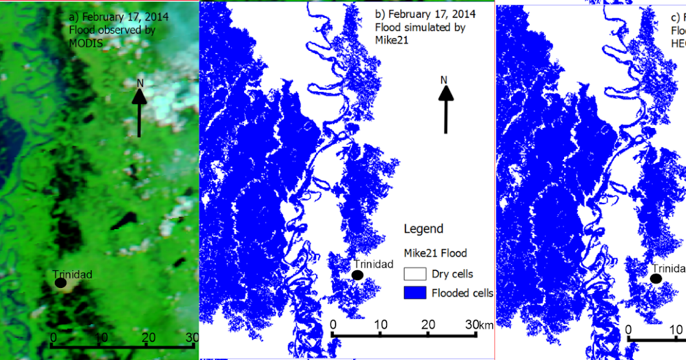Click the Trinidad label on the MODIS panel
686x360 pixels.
pyautogui.click(x=72, y=274)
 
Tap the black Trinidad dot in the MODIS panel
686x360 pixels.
pyautogui.click(x=61, y=282)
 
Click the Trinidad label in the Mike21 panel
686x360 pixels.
pyautogui.click(x=373, y=264)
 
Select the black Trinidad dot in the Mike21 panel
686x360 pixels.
pyautogui.click(x=358, y=275)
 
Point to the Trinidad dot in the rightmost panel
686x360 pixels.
pyautogui.click(x=656, y=278)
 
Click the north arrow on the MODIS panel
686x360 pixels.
pyautogui.click(x=139, y=111)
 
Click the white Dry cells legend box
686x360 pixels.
pyautogui.click(x=414, y=274)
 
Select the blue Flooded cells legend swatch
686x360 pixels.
pyautogui.click(x=414, y=293)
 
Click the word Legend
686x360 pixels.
pyautogui.click(x=424, y=229)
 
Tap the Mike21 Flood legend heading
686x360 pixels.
pyautogui.click(x=435, y=253)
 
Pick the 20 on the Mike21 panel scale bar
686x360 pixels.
pyautogui.click(x=428, y=325)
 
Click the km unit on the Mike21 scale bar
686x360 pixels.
pyautogui.click(x=486, y=325)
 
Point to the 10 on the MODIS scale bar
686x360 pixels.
pyautogui.click(x=101, y=337)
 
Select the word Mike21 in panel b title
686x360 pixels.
pyautogui.click(x=388, y=41)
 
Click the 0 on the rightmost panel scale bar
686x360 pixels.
pyautogui.click(x=628, y=330)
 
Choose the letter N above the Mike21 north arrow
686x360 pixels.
pyautogui.click(x=444, y=79)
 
